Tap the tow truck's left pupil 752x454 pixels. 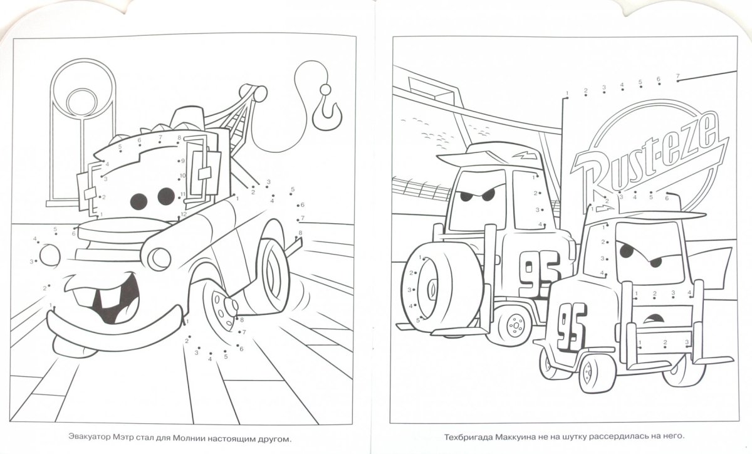[x=138, y=201]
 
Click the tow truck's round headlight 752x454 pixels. [x=159, y=259]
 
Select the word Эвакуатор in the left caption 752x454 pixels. [x=89, y=437]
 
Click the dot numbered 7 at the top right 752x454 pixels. [x=678, y=81]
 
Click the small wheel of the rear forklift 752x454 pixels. [x=514, y=325]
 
